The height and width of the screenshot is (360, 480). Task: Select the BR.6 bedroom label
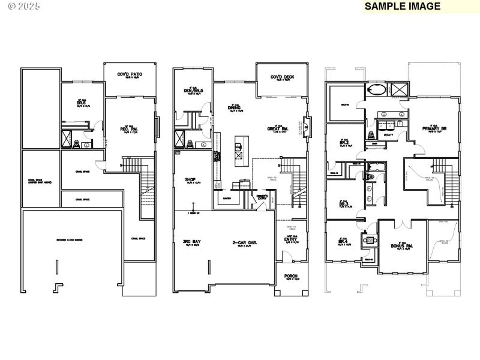(x=79, y=103)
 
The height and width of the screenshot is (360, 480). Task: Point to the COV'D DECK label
(x=282, y=77)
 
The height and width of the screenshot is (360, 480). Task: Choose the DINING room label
(x=235, y=109)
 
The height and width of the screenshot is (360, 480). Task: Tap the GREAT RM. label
(x=278, y=129)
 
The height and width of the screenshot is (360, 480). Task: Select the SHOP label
(x=191, y=179)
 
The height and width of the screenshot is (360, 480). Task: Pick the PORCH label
(x=292, y=277)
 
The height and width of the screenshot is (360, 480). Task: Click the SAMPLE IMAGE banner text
(x=403, y=7)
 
